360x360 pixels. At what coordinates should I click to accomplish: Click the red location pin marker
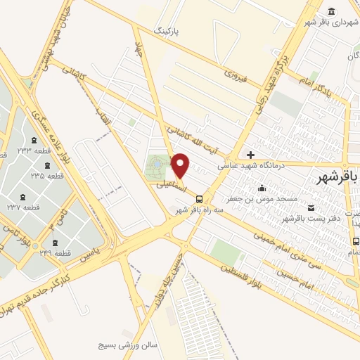[181, 165]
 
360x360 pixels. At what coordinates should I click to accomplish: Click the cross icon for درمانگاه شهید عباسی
[250, 155]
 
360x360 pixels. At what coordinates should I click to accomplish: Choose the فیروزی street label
[235, 72]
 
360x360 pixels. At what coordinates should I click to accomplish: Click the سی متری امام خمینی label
[285, 247]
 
